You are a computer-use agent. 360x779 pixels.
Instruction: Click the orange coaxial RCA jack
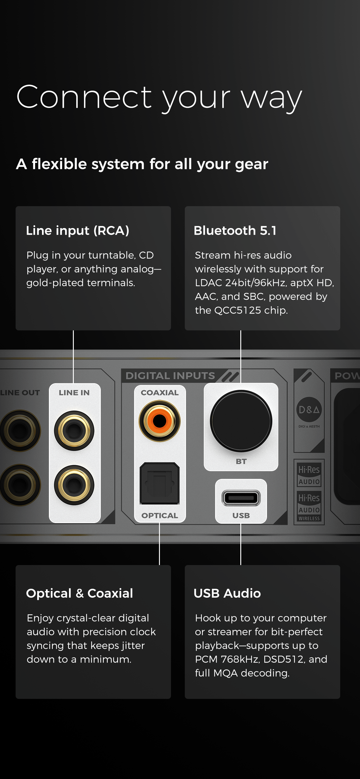(159, 421)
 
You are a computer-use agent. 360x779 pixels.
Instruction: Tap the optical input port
(159, 483)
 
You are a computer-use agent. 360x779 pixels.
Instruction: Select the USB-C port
(241, 498)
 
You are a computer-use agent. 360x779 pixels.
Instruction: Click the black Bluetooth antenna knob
(241, 421)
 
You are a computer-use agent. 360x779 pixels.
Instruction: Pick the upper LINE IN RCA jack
(74, 431)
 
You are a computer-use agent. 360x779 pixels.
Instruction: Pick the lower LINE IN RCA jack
(74, 485)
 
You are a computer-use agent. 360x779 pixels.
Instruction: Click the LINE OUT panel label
(20, 393)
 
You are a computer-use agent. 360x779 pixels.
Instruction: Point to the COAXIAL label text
(160, 393)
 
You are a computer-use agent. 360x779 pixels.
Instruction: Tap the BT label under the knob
(241, 462)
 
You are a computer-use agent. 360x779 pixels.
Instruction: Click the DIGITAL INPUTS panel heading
(170, 376)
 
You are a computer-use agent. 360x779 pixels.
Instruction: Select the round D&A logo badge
(309, 410)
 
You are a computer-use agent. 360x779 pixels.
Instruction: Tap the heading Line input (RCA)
(78, 230)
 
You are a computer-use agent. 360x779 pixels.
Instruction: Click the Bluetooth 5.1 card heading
(235, 230)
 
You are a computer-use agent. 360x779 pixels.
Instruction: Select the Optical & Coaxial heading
(79, 593)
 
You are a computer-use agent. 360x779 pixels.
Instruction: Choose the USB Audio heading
(227, 593)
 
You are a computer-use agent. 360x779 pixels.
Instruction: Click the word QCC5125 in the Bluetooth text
(238, 310)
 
